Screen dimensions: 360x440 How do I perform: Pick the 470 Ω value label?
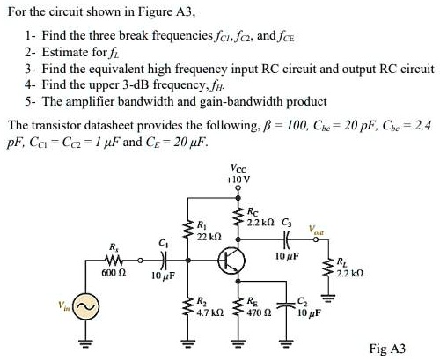coord(254,312)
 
